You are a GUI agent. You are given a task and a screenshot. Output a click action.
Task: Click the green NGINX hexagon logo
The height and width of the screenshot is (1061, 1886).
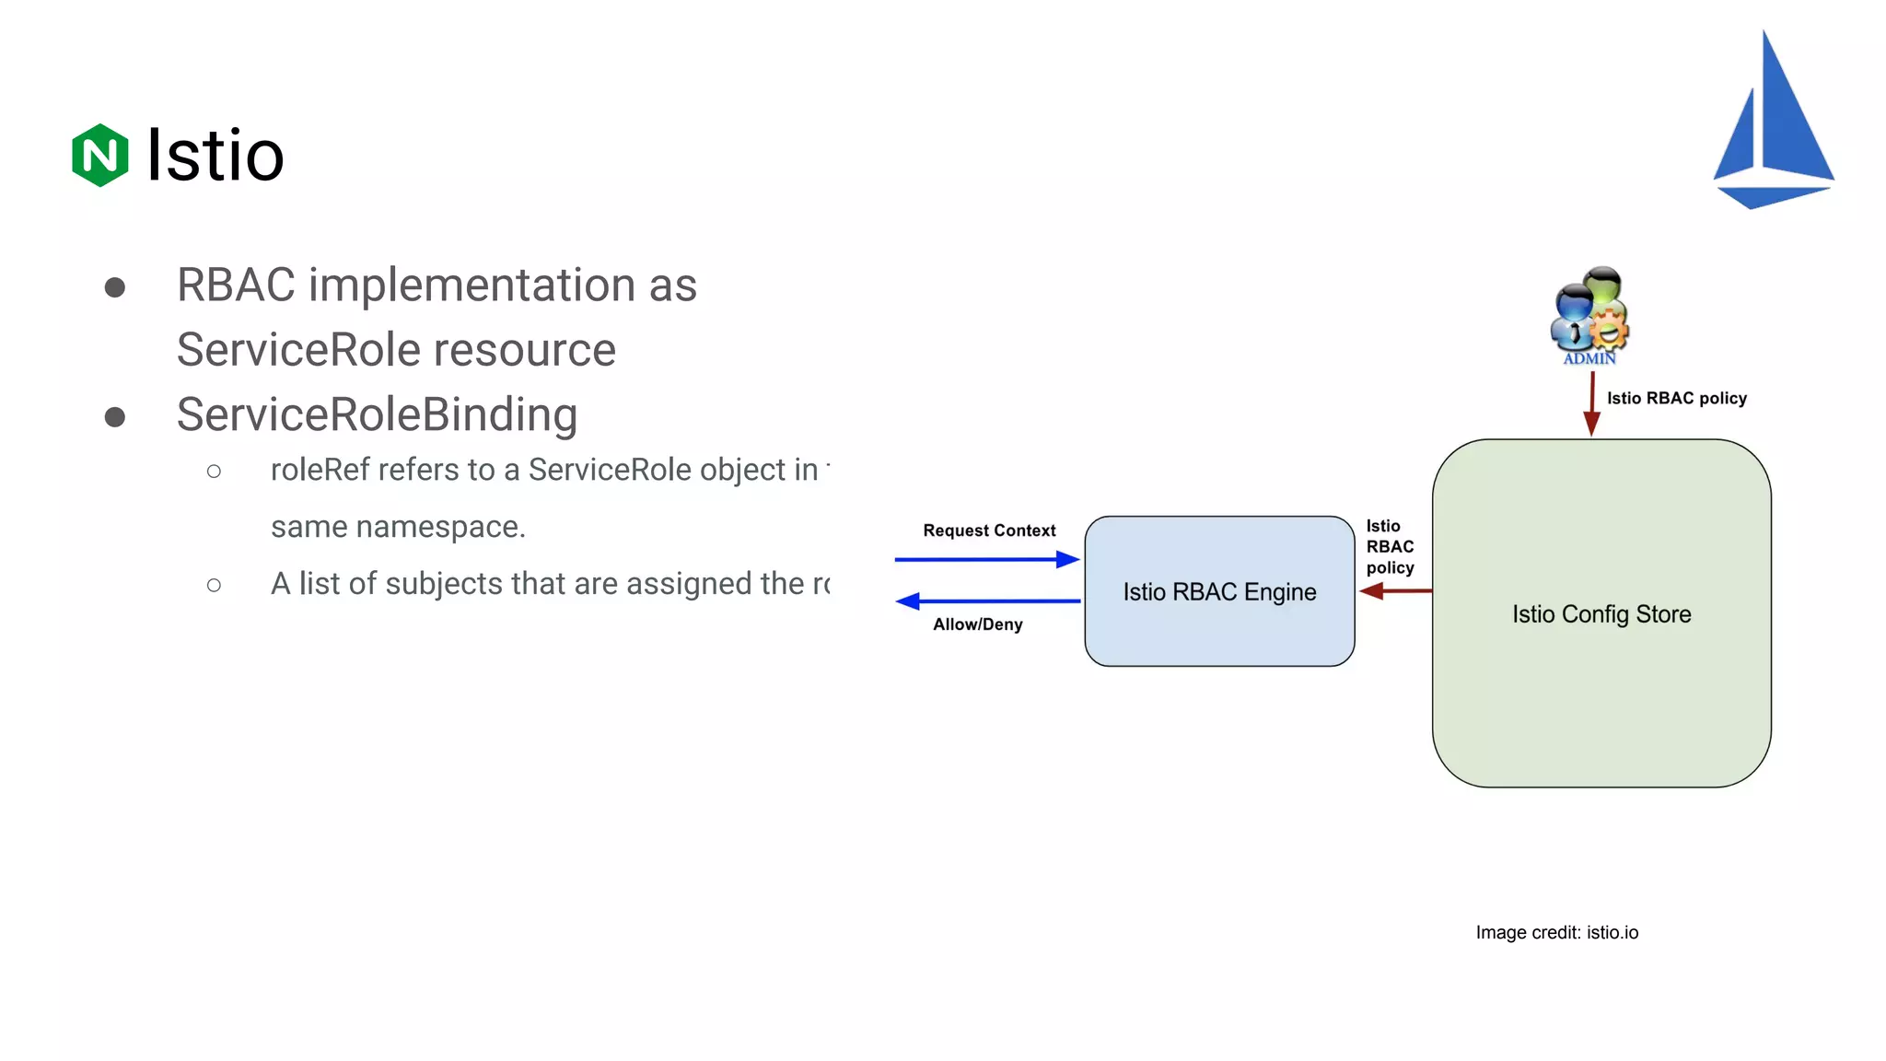[99, 155]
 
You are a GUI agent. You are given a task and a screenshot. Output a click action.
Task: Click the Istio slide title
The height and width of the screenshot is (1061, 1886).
[215, 155]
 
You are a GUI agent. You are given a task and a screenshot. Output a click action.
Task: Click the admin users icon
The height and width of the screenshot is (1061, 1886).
[1589, 315]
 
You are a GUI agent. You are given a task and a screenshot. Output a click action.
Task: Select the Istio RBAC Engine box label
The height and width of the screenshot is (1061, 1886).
[1219, 592]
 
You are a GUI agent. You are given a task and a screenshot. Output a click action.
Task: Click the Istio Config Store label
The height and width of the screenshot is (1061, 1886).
[1601, 614]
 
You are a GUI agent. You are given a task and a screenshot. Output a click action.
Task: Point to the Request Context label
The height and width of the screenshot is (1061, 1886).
[989, 530]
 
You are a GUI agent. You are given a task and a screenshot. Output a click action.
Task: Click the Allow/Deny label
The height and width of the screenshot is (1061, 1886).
[977, 624]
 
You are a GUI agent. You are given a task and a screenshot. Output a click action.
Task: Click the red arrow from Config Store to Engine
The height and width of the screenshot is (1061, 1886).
[1395, 591]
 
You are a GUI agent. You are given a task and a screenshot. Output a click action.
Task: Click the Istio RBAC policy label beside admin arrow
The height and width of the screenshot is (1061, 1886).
[1676, 398]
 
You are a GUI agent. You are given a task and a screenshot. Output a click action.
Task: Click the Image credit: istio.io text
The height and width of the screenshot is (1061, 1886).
[1556, 932]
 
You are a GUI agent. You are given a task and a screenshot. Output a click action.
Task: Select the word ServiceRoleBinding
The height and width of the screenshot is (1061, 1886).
[377, 414]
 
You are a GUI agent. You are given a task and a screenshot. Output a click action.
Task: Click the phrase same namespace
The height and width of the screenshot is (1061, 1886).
[398, 527]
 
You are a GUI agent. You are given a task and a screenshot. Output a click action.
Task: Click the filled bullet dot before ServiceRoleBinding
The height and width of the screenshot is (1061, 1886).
[115, 417]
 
